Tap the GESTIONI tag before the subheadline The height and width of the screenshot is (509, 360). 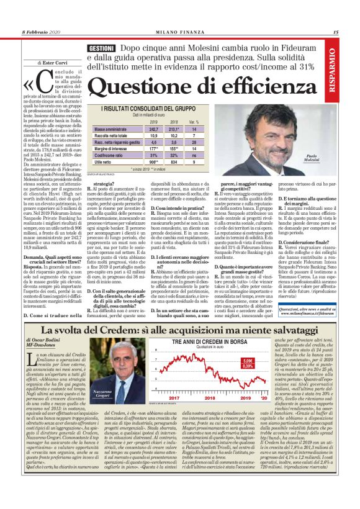(100, 48)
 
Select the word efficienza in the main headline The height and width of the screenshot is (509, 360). (268, 86)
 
